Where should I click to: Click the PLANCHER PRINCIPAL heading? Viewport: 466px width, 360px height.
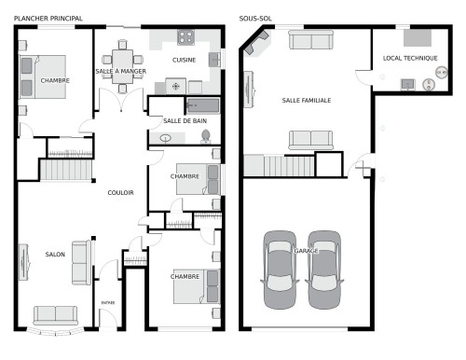(x=48, y=19)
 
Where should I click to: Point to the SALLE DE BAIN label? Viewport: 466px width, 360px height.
(x=185, y=120)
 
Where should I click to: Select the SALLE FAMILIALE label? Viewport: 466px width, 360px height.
(x=307, y=100)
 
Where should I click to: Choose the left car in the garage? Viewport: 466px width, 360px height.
(x=280, y=270)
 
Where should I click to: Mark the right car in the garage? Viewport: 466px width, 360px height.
(x=323, y=270)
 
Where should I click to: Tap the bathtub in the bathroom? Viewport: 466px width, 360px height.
(x=202, y=105)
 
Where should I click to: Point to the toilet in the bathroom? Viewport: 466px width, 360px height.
(x=207, y=136)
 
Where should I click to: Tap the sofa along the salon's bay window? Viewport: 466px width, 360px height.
(x=56, y=314)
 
